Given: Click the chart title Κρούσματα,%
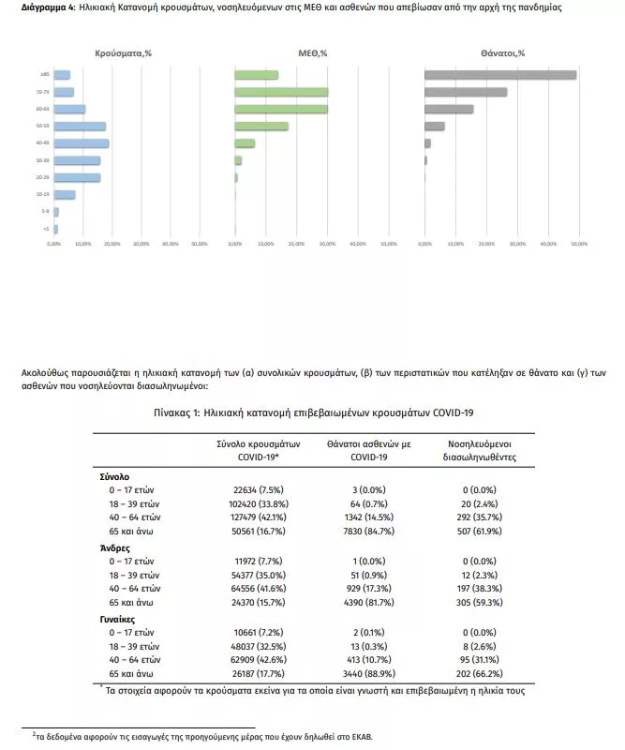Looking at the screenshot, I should [123, 53].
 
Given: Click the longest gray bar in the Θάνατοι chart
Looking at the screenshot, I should [499, 75].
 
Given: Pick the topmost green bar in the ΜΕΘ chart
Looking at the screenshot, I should [256, 75].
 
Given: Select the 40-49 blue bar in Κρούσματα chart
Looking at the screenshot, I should [82, 143].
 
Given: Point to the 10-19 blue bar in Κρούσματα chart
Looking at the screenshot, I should [65, 195].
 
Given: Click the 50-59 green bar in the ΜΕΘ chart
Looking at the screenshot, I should [261, 126].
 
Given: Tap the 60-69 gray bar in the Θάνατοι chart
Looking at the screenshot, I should [449, 109].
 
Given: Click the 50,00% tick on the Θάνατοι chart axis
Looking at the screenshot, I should [579, 244].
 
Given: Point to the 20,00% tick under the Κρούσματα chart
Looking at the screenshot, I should [112, 244].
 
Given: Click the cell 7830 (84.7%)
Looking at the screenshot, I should [355, 530].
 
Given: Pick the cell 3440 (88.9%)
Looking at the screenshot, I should [355, 673].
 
